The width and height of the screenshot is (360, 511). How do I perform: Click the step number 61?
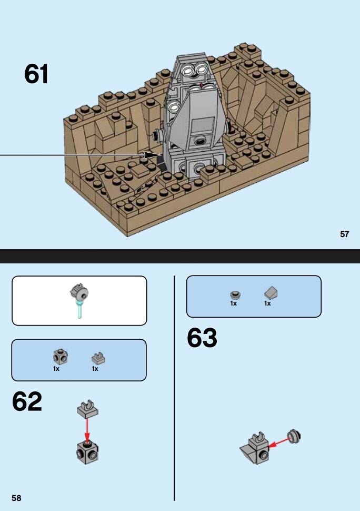36,74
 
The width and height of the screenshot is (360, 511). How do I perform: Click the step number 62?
27,401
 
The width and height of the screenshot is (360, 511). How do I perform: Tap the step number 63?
202,338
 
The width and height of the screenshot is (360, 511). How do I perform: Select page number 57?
344,234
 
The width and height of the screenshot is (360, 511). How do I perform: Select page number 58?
16,498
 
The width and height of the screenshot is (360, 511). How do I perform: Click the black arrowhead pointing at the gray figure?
152,155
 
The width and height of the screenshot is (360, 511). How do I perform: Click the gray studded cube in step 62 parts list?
60,357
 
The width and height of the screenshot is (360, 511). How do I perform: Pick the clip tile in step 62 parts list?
98,358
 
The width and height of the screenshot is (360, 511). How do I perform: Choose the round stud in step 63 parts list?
235,295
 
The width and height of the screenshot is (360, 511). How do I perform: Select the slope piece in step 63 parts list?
271,293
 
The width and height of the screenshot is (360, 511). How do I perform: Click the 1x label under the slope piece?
267,303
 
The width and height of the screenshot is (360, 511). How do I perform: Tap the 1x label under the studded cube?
56,369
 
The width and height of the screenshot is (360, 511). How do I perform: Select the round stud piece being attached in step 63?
294,437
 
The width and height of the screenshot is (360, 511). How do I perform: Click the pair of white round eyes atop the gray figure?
195,70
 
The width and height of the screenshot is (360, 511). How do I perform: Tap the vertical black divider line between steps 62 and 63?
174,388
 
